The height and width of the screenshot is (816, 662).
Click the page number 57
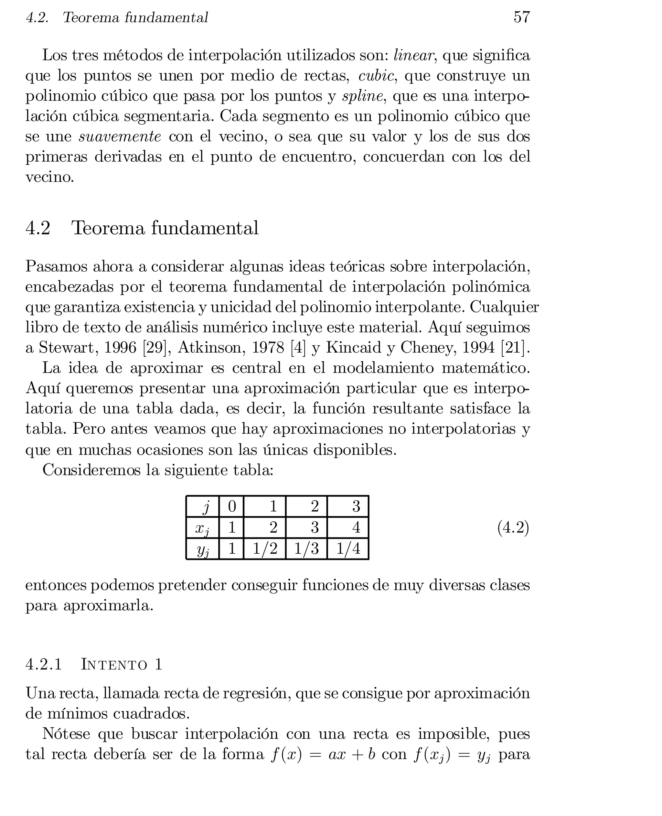click(x=522, y=17)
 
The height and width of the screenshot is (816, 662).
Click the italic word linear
click(x=413, y=56)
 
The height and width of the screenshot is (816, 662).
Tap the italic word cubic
click(x=376, y=76)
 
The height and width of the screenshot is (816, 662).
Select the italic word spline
click(x=362, y=96)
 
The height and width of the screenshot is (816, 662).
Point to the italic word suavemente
click(x=120, y=136)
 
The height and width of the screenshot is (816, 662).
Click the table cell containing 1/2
click(x=265, y=549)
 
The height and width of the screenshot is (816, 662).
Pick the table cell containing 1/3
click(x=306, y=549)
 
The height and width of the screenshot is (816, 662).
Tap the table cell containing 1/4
click(x=348, y=549)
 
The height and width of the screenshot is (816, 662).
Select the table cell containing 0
click(x=231, y=506)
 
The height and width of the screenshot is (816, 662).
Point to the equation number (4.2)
click(x=513, y=528)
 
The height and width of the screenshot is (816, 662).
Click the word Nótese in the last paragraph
click(x=66, y=734)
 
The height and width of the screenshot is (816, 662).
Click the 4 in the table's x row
click(x=356, y=528)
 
